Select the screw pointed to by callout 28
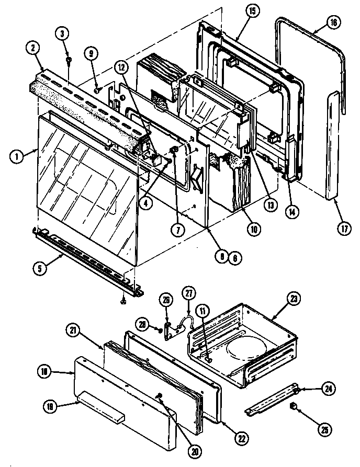pyautogui.click(x=157, y=328)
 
